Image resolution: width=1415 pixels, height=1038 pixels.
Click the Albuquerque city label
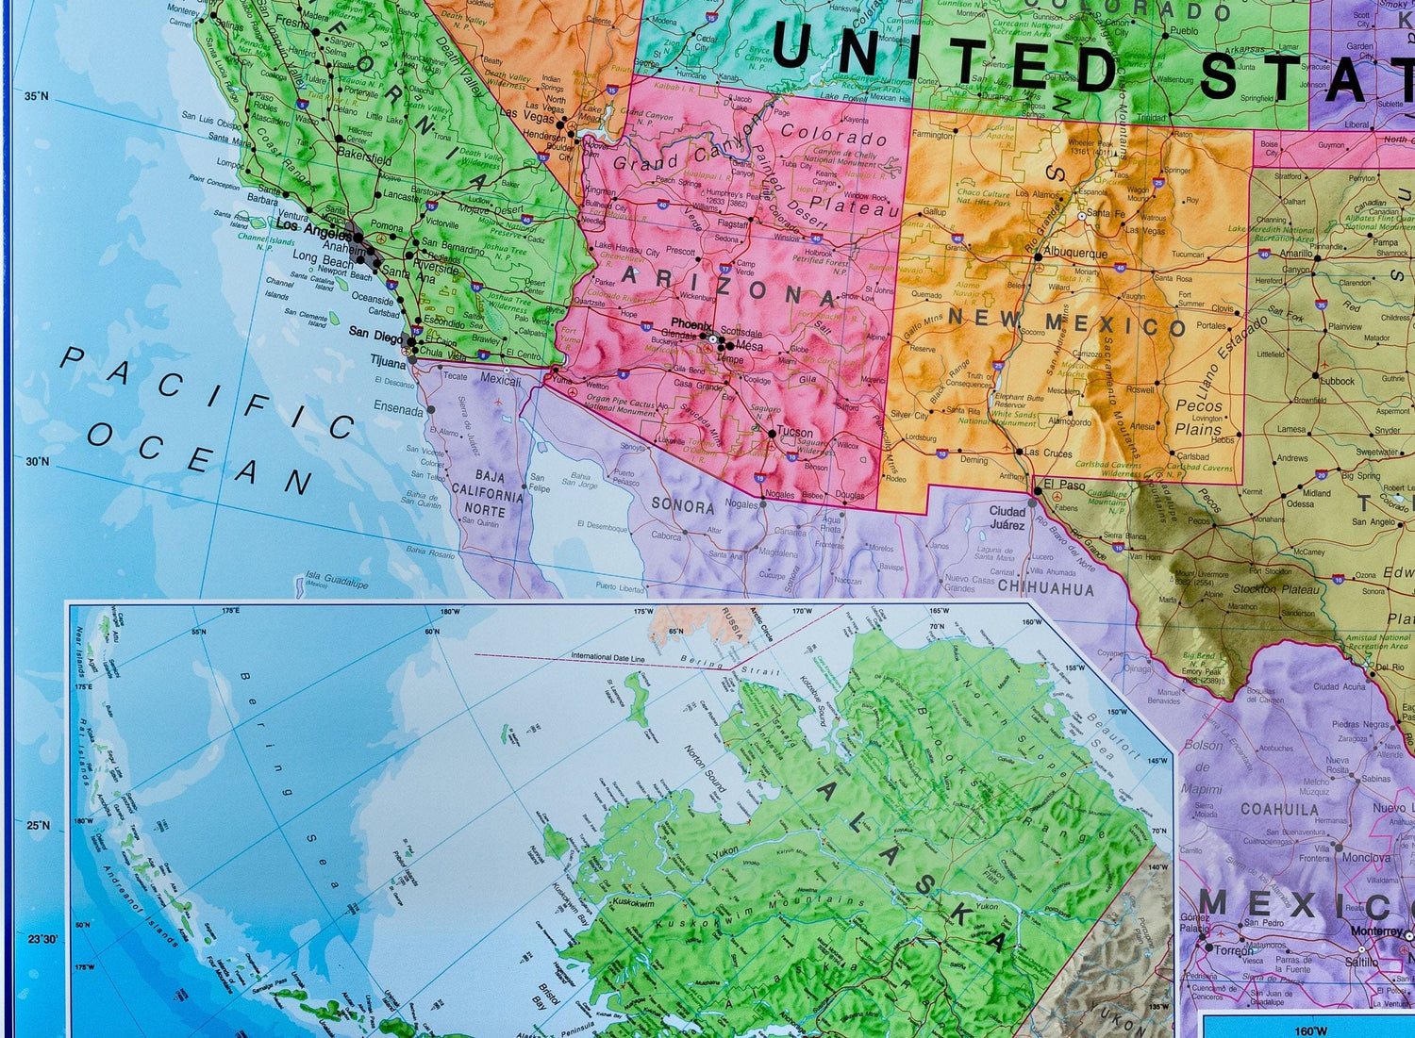click(1076, 254)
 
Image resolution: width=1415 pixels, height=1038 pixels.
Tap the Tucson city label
click(795, 433)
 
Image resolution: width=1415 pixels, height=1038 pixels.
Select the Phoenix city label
click(691, 324)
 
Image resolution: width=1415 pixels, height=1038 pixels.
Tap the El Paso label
click(1063, 486)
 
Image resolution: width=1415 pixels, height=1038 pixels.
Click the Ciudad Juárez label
click(1007, 518)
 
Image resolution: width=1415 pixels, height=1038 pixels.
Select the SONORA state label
click(683, 505)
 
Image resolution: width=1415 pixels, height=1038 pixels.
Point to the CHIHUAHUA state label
click(1045, 588)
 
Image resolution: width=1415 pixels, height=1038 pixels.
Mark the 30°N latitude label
click(37, 461)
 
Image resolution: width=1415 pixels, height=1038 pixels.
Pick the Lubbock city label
click(1337, 382)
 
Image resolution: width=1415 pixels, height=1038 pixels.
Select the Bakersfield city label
click(364, 160)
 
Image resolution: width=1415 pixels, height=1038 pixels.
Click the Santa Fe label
click(1105, 213)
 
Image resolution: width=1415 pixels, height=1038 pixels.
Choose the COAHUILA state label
click(1279, 809)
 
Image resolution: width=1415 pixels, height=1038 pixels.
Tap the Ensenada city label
click(398, 410)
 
